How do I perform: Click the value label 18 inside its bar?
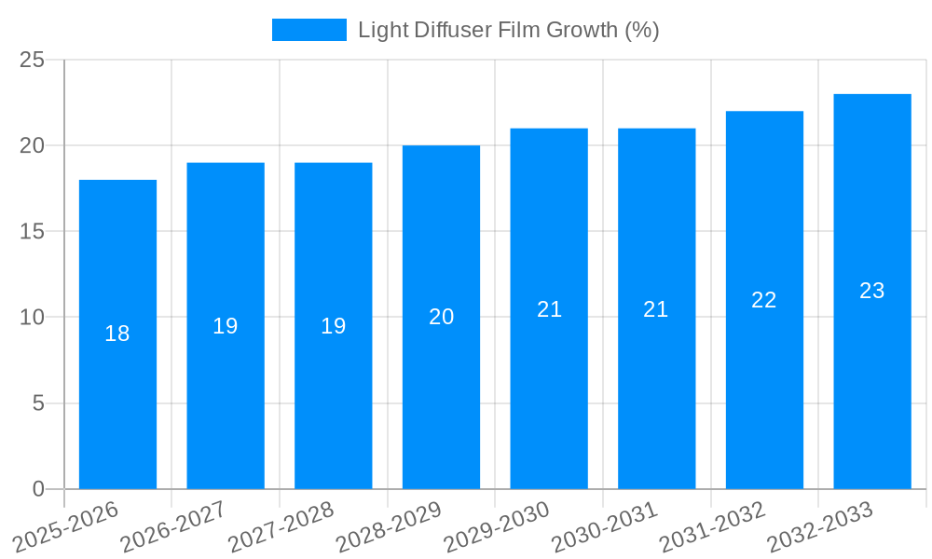tap(117, 334)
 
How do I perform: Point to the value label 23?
tap(872, 291)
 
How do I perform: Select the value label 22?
tap(764, 300)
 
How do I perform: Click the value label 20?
tap(441, 317)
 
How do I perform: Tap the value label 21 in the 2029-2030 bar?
tap(549, 309)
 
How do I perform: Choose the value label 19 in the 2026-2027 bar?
tap(226, 326)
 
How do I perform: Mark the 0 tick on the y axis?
tap(38, 489)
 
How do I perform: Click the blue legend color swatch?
tap(308, 30)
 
